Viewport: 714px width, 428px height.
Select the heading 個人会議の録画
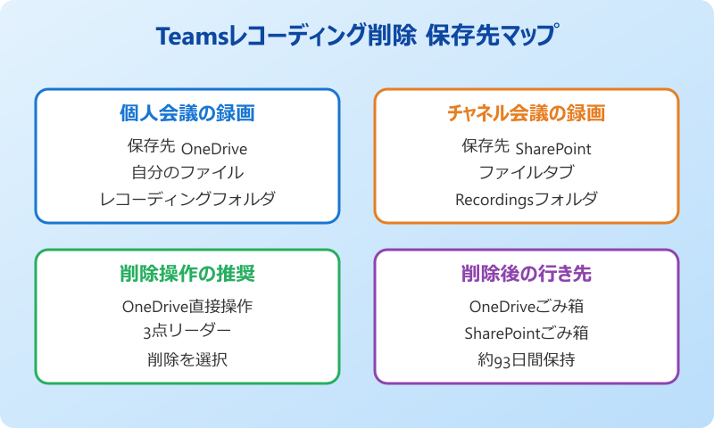187,113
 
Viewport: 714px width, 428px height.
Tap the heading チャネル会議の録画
526,113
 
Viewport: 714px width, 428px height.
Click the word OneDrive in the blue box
214,148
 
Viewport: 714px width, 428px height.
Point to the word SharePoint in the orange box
553,148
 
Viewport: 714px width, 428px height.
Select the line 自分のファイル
187,172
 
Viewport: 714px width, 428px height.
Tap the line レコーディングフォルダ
187,199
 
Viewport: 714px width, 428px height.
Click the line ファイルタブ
526,172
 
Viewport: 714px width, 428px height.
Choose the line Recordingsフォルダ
526,199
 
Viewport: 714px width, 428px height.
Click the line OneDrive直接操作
187,306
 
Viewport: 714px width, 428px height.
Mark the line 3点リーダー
187,332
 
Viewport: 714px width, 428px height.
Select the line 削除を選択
187,359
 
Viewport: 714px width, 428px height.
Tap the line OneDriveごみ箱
526,306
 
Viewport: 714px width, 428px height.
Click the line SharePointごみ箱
526,333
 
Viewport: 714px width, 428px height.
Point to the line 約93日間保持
526,359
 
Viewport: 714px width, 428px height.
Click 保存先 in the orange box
486,146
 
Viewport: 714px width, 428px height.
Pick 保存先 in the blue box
151,146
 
